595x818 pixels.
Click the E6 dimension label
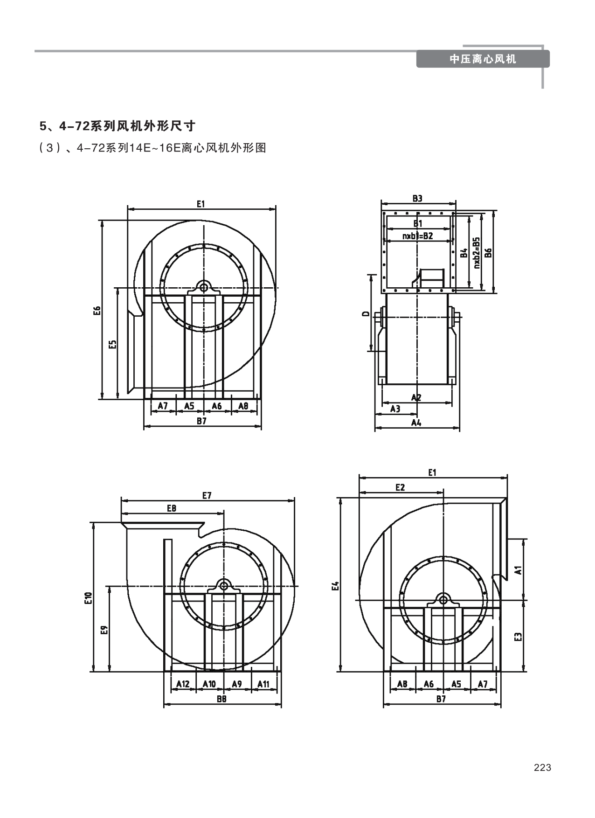(x=97, y=311)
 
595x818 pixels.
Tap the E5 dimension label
(x=112, y=344)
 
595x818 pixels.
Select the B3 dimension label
(x=417, y=199)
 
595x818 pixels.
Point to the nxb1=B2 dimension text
(x=417, y=236)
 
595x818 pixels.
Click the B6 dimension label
(x=488, y=252)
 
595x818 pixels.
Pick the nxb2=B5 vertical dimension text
(x=476, y=252)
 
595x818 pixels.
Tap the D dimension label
(x=366, y=313)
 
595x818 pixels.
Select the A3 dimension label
(x=395, y=409)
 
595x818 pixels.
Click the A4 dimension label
(x=416, y=423)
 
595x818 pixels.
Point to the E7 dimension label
(x=207, y=496)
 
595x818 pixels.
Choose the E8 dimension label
(x=172, y=508)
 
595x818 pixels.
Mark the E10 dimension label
(x=89, y=598)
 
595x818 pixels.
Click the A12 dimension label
(x=183, y=684)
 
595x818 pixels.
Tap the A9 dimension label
(x=237, y=684)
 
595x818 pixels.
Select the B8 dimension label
(x=221, y=699)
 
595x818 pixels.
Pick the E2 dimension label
(x=400, y=487)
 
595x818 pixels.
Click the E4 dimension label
(x=335, y=586)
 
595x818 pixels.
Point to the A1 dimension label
(x=518, y=569)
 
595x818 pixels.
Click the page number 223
(x=542, y=768)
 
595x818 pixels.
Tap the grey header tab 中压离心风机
(x=483, y=59)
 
